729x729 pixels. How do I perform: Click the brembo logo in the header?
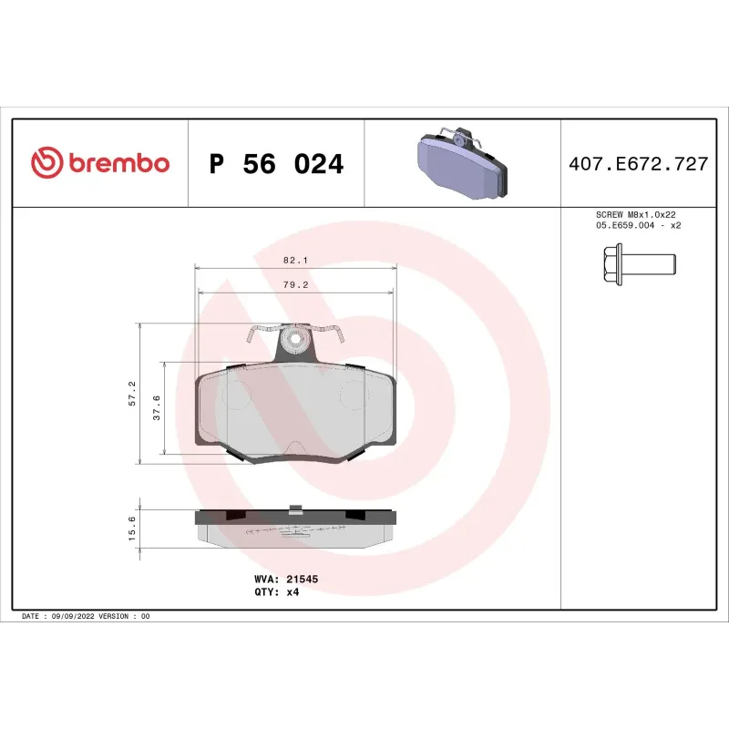(100, 163)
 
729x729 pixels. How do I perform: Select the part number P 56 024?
(276, 164)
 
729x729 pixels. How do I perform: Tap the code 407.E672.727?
(638, 164)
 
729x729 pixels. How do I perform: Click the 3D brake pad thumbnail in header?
(463, 164)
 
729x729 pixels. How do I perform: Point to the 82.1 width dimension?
(296, 260)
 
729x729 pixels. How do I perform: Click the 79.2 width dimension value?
(296, 284)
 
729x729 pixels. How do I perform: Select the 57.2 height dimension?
(132, 393)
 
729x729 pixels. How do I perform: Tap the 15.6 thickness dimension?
(132, 529)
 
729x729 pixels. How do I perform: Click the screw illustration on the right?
(638, 265)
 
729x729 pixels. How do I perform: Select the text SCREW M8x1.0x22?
(637, 214)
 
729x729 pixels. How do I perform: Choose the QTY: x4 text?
(276, 591)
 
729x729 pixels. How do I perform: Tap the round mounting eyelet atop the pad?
(294, 341)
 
